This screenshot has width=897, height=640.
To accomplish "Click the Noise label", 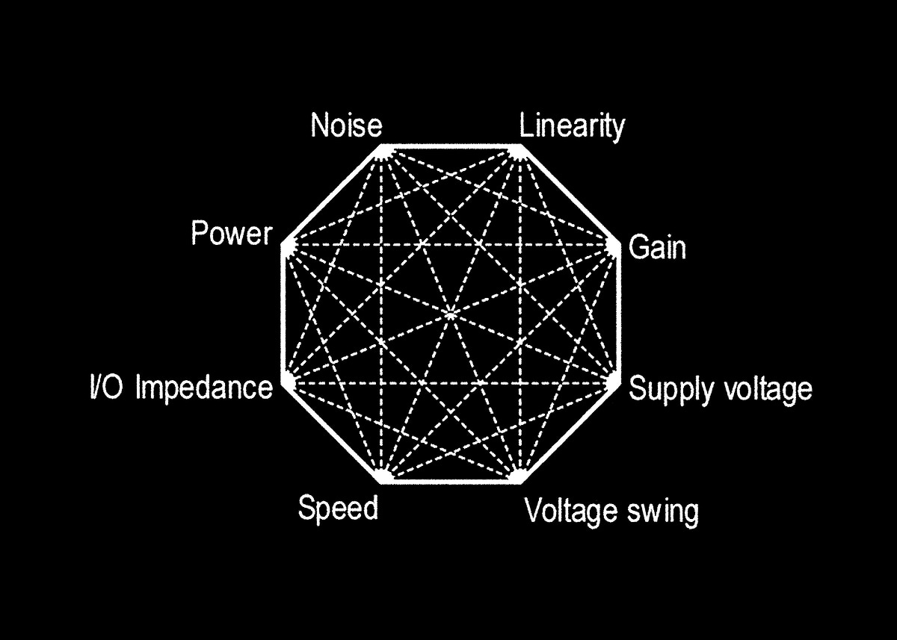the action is click(x=346, y=125).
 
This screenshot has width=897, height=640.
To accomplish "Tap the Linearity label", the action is click(x=572, y=127).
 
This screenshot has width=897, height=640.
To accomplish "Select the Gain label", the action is click(x=657, y=248).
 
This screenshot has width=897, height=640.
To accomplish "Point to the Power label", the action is click(x=232, y=233).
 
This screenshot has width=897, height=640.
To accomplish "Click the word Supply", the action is click(x=671, y=389).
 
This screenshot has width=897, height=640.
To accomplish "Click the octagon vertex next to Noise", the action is click(x=380, y=146).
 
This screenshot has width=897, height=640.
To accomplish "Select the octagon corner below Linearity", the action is click(x=520, y=146).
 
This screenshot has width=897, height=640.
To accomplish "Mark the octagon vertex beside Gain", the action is click(x=620, y=244).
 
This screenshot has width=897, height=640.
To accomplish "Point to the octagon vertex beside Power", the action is click(x=283, y=244).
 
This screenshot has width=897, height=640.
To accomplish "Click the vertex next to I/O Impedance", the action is click(x=283, y=383).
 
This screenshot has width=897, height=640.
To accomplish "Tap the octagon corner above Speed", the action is click(x=382, y=482).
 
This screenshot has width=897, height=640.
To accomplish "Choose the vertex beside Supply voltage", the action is click(x=620, y=383).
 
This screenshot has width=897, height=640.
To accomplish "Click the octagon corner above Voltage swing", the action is click(x=520, y=482).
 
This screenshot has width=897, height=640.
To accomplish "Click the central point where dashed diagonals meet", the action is click(x=451, y=315).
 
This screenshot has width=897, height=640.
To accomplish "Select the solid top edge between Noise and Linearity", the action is click(x=451, y=146).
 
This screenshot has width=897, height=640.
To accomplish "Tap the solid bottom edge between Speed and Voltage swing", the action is click(x=451, y=482).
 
